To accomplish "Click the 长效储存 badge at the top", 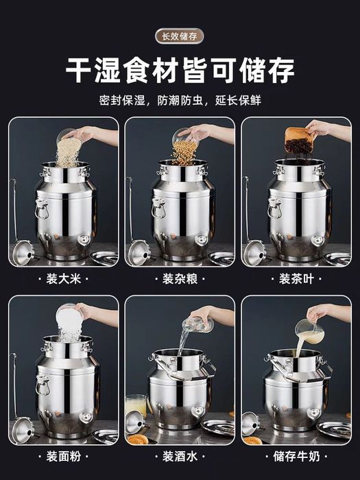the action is click(x=180, y=36).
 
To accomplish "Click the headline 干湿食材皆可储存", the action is click(x=180, y=71).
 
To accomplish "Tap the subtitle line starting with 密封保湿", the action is click(x=180, y=100).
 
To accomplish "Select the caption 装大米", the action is click(x=64, y=279).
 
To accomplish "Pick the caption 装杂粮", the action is click(x=180, y=279).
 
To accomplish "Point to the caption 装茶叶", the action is click(x=296, y=279).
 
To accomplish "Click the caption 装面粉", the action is click(x=64, y=457).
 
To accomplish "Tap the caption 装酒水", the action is click(x=180, y=457).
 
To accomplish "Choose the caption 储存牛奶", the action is click(x=296, y=457).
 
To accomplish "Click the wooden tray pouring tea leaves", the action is click(x=299, y=141).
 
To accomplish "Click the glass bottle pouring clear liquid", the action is click(x=198, y=324).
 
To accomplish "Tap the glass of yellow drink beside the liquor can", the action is click(x=136, y=406).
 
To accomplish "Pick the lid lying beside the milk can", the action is click(x=334, y=429).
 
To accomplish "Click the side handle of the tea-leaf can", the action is click(x=274, y=208).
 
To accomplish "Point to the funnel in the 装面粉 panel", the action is click(x=23, y=429).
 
